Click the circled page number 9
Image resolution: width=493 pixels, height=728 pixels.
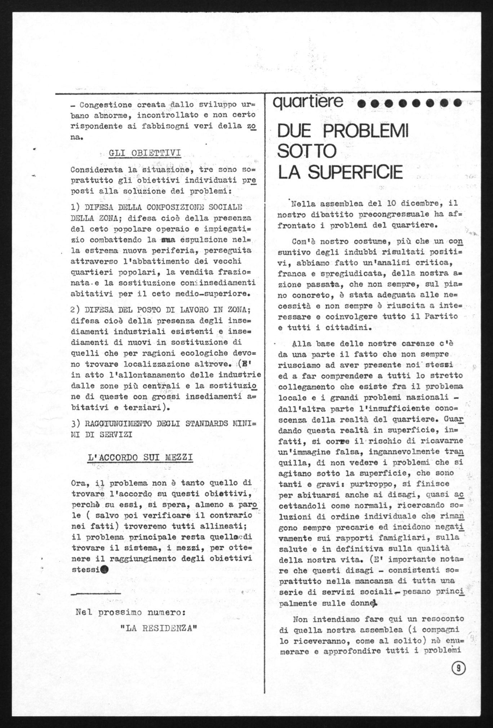tap(458, 668)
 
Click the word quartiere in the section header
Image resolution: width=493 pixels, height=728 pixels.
tap(308, 102)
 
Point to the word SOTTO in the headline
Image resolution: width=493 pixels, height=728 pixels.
tap(307, 151)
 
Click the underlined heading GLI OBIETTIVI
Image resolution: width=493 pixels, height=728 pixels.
tap(145, 153)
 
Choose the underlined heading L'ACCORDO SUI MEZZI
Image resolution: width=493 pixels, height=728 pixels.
tap(140, 458)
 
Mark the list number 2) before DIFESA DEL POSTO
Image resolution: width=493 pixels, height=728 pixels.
tap(76, 310)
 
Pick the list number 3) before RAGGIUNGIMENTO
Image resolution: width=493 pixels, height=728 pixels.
tap(76, 423)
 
